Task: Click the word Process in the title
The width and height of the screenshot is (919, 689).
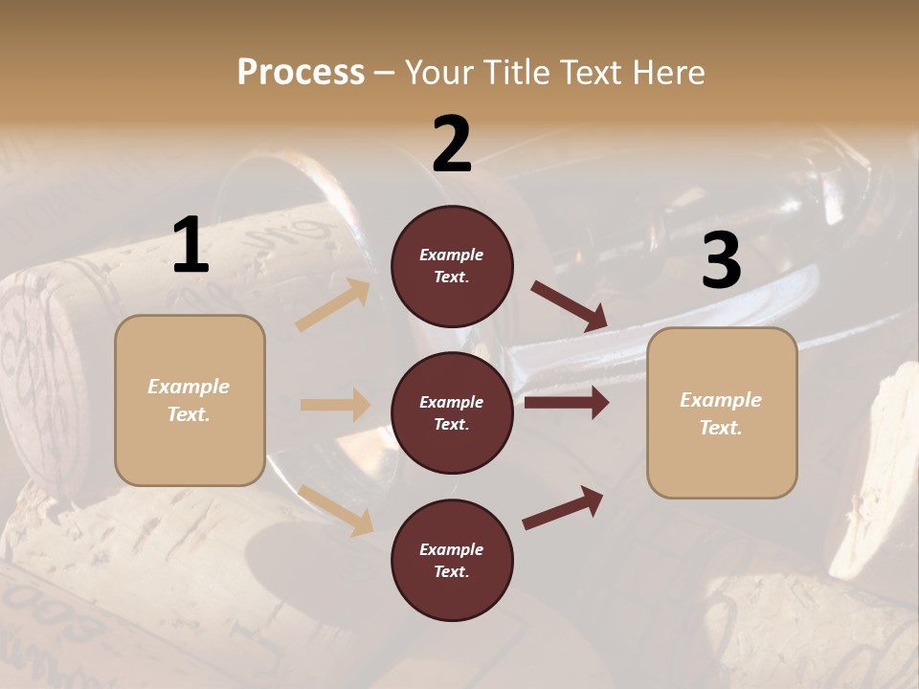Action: click(301, 72)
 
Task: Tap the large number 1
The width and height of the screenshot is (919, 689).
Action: click(191, 246)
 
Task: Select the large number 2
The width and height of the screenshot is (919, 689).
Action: click(452, 144)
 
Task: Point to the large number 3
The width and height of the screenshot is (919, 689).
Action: click(721, 261)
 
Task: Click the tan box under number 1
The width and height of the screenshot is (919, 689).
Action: click(190, 400)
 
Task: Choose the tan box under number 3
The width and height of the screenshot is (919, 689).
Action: click(722, 412)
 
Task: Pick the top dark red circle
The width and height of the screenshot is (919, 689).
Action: click(452, 266)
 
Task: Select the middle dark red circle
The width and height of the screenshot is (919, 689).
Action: click(452, 412)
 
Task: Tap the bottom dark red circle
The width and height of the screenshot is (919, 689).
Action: click(452, 560)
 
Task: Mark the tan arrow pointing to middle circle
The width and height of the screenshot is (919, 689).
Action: click(335, 405)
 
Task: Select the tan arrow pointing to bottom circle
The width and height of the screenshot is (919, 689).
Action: click(335, 509)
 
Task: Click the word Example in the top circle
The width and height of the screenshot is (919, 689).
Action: click(452, 255)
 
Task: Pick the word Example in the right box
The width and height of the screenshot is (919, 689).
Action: click(721, 400)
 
